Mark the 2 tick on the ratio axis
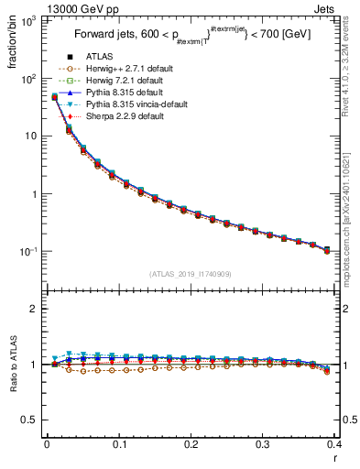pyautogui.click(x=36, y=309)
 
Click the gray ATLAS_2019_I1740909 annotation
pyautogui.click(x=190, y=275)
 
